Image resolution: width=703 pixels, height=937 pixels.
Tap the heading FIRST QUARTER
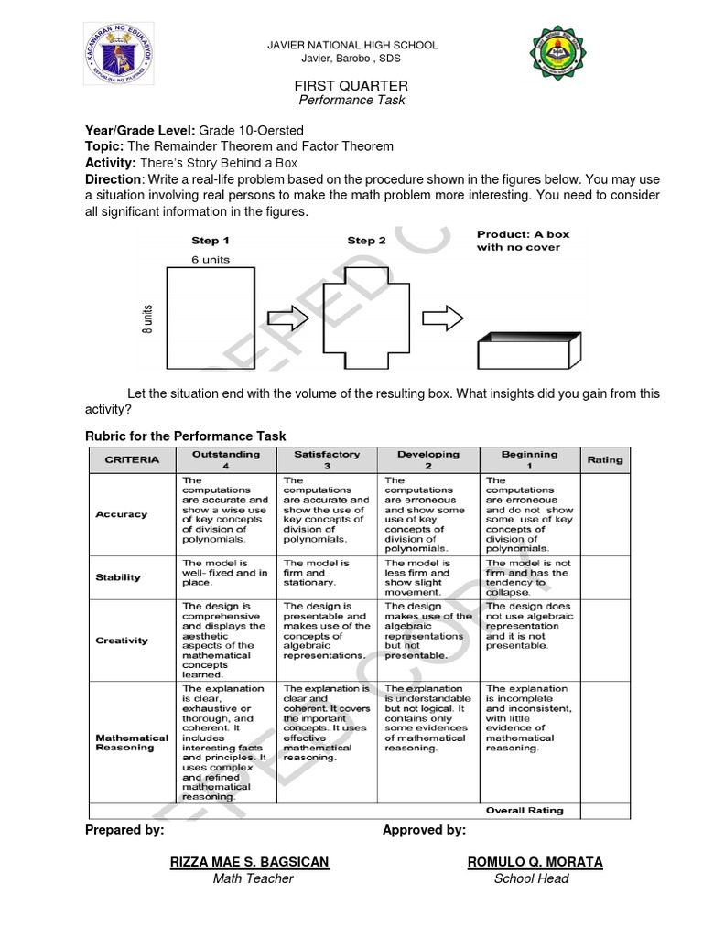click(x=352, y=85)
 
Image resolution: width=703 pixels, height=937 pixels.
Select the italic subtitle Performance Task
click(x=352, y=100)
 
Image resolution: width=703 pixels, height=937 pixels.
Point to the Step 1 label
click(x=210, y=241)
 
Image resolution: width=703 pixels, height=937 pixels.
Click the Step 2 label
click(x=366, y=241)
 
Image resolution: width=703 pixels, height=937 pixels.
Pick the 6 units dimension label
click(x=210, y=259)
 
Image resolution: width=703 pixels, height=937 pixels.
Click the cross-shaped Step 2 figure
click(x=365, y=318)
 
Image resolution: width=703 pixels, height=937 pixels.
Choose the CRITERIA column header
click(x=131, y=459)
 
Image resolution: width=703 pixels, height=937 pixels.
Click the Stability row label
click(x=118, y=577)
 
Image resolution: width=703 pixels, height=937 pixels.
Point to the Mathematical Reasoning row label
click(x=132, y=742)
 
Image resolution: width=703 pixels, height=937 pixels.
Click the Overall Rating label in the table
click(x=525, y=810)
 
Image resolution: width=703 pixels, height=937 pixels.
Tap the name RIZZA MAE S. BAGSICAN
click(x=250, y=862)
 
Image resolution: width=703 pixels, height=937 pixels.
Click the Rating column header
click(x=604, y=459)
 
